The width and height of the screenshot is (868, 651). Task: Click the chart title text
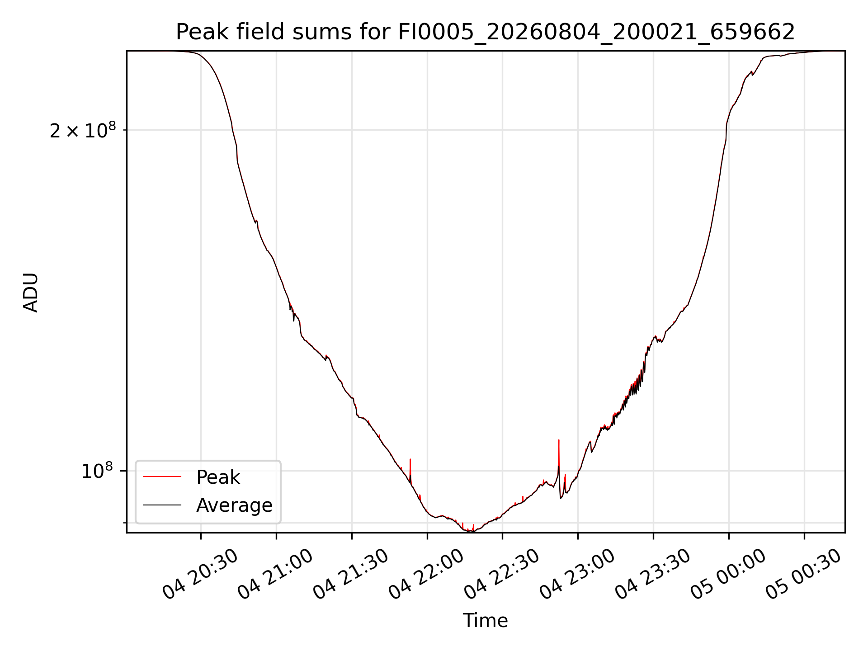click(x=485, y=32)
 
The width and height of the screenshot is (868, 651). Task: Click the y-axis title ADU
click(x=31, y=292)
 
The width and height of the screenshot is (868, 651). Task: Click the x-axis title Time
click(x=485, y=621)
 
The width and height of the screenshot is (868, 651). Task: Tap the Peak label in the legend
click(x=218, y=477)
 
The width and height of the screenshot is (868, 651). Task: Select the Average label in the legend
click(x=234, y=505)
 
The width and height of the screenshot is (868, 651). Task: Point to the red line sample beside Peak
click(x=162, y=477)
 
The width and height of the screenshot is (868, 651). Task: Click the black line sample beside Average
click(x=162, y=505)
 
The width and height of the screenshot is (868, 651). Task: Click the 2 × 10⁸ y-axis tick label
click(x=83, y=131)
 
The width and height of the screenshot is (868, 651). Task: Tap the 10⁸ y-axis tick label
click(x=97, y=471)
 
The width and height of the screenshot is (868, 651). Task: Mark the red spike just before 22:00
click(x=410, y=470)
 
